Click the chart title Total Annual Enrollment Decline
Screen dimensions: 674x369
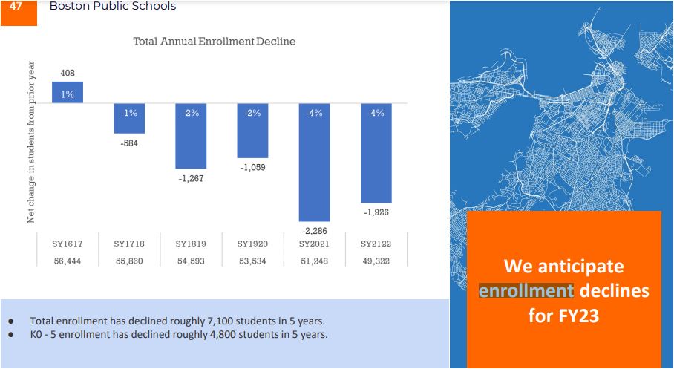[x=215, y=42]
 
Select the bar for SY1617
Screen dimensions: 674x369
[x=68, y=93]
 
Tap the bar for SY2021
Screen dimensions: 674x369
[x=314, y=162]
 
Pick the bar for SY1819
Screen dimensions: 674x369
[x=191, y=136]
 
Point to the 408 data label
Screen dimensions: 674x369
[x=68, y=73]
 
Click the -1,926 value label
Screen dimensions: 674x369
[x=376, y=212]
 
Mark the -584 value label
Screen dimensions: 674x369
[x=129, y=143]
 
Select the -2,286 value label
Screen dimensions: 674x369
[x=314, y=232]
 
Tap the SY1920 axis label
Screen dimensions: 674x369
[x=252, y=244]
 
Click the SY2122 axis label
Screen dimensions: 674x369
[x=376, y=244]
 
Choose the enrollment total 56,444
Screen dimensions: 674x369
[x=68, y=261]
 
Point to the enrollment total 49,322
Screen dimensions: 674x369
[x=376, y=261]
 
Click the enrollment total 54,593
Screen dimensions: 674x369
[x=191, y=261]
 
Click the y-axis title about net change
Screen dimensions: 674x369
[x=31, y=143]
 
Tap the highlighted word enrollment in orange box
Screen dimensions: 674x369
[x=526, y=291]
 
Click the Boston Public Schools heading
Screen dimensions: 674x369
[x=113, y=6]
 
